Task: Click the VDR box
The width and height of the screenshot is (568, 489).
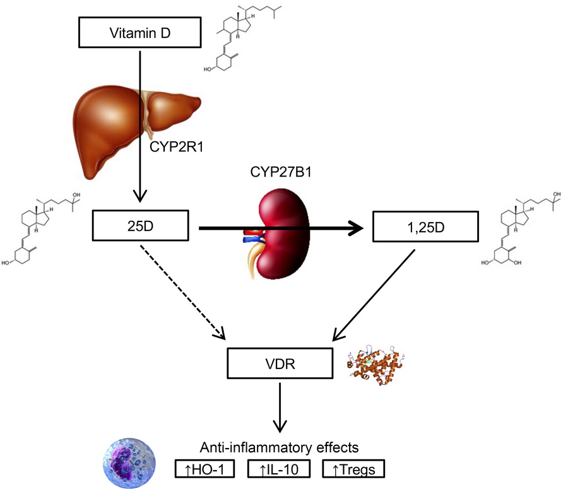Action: click(280, 365)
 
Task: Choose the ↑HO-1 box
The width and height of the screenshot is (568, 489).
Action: click(204, 469)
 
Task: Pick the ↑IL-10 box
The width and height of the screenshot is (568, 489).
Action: click(278, 469)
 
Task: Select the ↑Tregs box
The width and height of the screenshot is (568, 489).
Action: click(352, 469)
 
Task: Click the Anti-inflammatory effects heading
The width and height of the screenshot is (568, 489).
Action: click(279, 447)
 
